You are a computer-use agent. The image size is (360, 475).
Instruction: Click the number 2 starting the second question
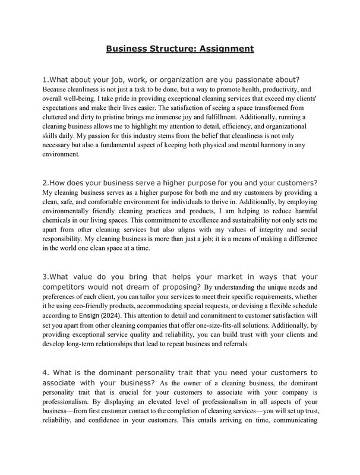[x=45, y=182]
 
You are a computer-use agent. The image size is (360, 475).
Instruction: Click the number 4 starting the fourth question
[x=45, y=372]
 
